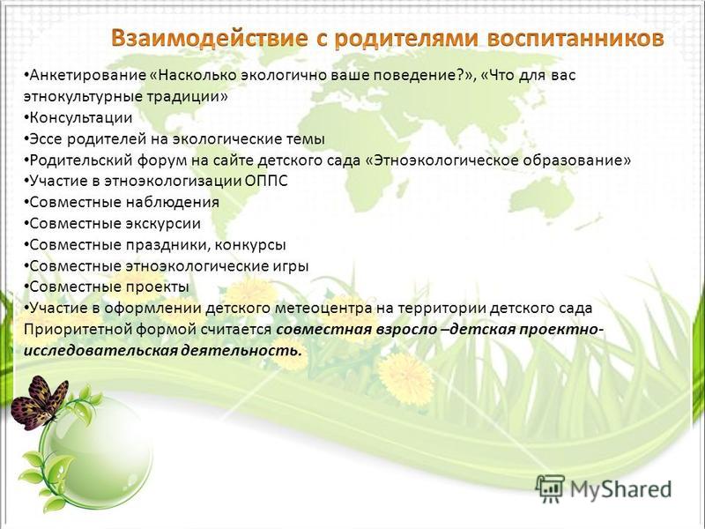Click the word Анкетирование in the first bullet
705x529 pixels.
(x=86, y=76)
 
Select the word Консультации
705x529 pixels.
(x=81, y=118)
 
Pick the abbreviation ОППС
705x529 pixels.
(x=267, y=181)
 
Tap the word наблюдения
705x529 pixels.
(x=172, y=203)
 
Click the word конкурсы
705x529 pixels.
(x=250, y=245)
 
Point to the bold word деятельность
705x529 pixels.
(x=241, y=350)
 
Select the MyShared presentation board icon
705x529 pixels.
(x=549, y=489)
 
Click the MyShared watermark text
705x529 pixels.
(x=620, y=489)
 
